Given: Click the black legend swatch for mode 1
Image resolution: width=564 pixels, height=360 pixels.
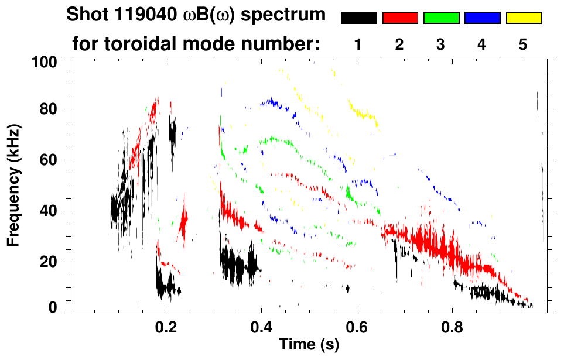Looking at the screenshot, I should click(x=358, y=18).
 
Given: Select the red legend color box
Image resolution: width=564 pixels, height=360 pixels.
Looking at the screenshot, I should click(x=400, y=18).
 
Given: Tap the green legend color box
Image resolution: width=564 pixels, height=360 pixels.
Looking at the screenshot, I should click(x=441, y=18).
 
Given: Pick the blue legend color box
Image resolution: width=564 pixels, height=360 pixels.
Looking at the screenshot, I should click(x=482, y=18).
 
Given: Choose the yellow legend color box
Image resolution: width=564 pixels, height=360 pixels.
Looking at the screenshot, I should click(x=524, y=18).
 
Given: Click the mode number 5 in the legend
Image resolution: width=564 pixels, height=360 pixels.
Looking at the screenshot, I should click(x=522, y=45).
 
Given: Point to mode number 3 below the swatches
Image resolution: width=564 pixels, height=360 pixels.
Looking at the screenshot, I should click(x=440, y=45).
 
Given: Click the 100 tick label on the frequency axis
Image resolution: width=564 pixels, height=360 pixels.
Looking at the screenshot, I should click(x=45, y=60).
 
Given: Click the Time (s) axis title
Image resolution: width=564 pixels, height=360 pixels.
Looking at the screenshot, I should click(x=309, y=345).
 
